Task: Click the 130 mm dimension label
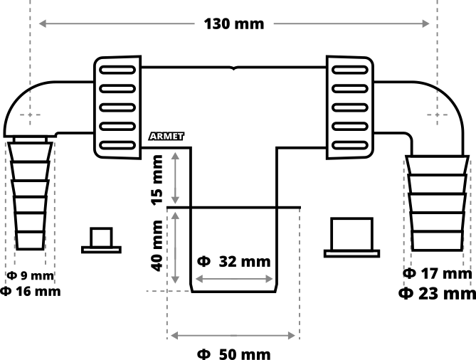[233, 23]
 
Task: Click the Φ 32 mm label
[233, 261]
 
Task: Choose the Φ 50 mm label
[233, 354]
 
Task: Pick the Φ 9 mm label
[30, 275]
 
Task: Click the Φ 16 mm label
[30, 291]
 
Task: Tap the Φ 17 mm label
[437, 273]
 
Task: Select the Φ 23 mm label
[437, 292]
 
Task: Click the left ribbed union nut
[118, 107]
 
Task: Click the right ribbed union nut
[350, 107]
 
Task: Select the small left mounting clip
[100, 240]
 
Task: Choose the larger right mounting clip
[351, 238]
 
